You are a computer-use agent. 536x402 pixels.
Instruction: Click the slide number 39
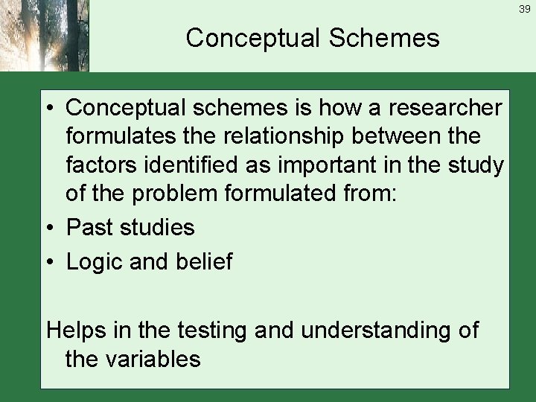(x=524, y=8)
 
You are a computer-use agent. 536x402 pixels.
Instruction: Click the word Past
(x=91, y=227)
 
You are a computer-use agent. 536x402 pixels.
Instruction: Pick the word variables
(x=153, y=360)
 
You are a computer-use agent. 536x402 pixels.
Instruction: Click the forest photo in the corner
(x=45, y=36)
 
